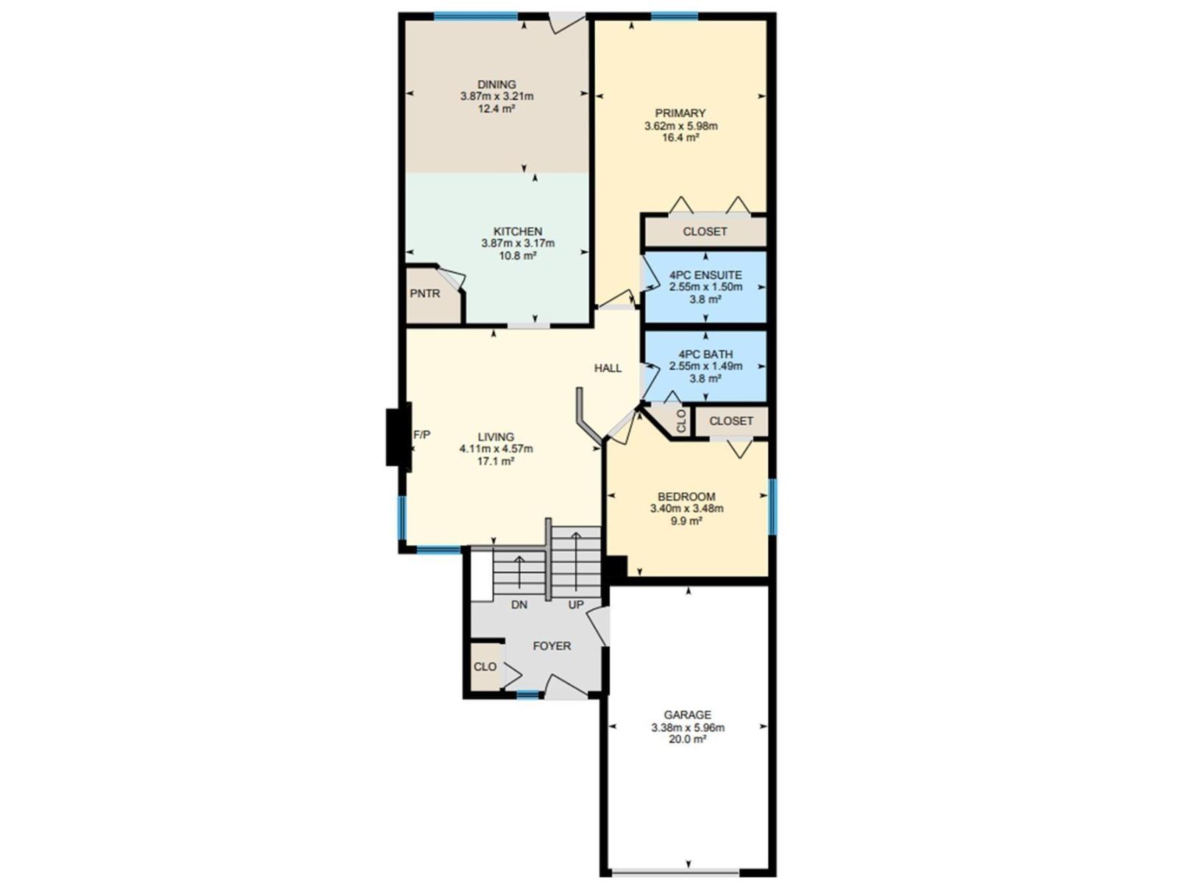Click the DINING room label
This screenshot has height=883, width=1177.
497,85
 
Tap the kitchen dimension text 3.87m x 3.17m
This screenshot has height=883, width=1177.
518,244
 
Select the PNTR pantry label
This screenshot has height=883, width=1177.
425,294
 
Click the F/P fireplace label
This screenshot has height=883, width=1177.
422,435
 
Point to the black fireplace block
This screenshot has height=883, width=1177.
397,437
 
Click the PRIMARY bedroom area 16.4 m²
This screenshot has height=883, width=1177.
680,138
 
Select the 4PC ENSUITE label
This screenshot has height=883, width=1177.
705,275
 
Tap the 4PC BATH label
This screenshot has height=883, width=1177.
705,354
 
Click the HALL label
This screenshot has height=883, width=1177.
608,368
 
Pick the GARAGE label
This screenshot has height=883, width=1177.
687,714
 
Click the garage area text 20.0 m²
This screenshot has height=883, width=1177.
687,740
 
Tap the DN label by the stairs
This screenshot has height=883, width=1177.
519,605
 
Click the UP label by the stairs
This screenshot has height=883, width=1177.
576,605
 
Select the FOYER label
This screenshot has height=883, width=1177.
552,646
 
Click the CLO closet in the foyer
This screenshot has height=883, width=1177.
485,667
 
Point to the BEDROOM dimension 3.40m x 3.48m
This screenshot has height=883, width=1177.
686,508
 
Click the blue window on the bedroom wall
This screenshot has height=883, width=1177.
772,507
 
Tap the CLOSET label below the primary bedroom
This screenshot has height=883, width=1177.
705,231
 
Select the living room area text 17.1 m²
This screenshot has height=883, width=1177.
496,461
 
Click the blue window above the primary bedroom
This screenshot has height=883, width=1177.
674,16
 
